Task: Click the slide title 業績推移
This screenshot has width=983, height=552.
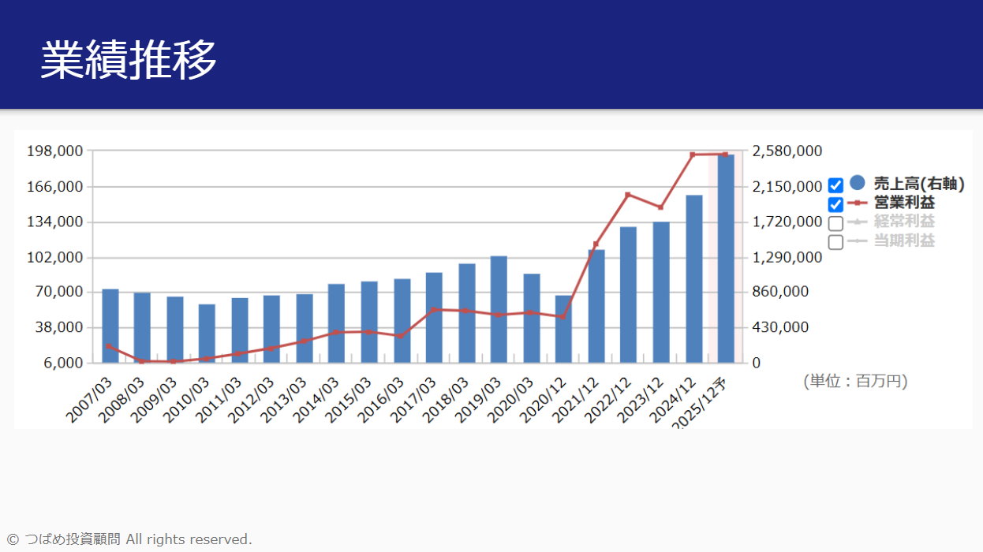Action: (129, 59)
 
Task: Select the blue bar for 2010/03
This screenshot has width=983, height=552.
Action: (207, 334)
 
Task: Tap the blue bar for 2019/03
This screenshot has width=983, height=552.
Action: (499, 309)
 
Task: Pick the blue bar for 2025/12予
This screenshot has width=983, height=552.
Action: (726, 259)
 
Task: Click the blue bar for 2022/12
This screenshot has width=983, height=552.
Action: (628, 294)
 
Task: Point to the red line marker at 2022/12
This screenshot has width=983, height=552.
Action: (628, 195)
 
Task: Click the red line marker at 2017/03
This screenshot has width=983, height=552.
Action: (434, 310)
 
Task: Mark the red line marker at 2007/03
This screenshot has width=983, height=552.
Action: (109, 346)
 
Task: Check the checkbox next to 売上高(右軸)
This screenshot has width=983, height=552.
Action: (836, 186)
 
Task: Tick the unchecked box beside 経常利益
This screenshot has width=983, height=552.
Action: (836, 223)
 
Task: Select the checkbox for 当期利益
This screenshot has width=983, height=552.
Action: (836, 242)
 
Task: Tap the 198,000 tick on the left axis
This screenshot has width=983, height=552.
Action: (55, 151)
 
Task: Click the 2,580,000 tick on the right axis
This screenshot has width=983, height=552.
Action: (787, 151)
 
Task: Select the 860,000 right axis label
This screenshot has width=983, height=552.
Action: (781, 292)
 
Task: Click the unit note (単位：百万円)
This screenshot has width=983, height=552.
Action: (855, 382)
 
